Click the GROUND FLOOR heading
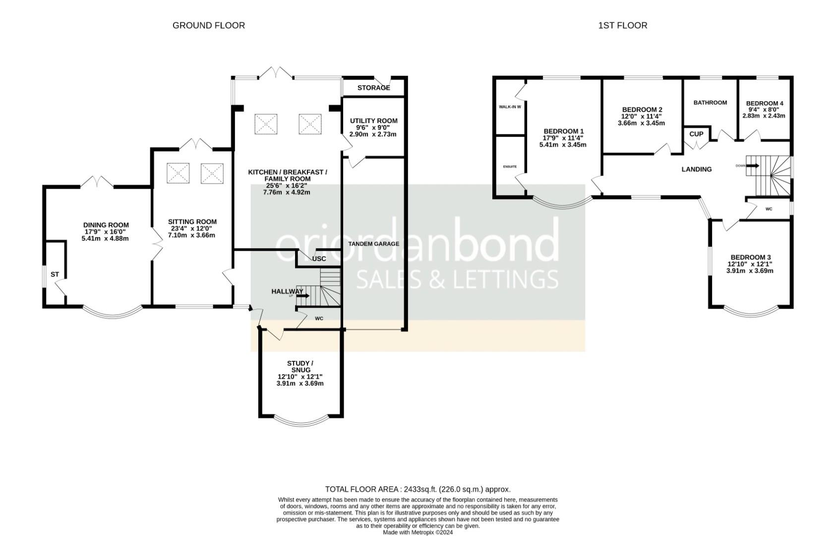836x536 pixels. click(x=208, y=25)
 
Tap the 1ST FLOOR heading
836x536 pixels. click(x=622, y=25)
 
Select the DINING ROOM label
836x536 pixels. click(x=106, y=225)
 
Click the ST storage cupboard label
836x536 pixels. click(x=55, y=274)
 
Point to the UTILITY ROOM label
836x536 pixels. click(x=373, y=121)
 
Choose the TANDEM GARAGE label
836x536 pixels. click(x=373, y=244)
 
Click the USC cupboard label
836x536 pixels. click(x=319, y=259)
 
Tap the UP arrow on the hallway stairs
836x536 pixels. click(x=303, y=296)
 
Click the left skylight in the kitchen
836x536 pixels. click(x=266, y=124)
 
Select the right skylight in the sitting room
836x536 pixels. click(x=212, y=174)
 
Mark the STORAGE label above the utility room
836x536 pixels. click(x=373, y=88)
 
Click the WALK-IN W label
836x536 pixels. click(x=510, y=107)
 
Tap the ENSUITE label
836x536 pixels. click(x=510, y=167)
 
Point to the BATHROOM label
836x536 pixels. click(x=710, y=103)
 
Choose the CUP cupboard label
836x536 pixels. click(x=696, y=134)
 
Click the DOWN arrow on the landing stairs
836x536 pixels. click(x=753, y=166)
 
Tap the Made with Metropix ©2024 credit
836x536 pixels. click(x=418, y=533)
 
